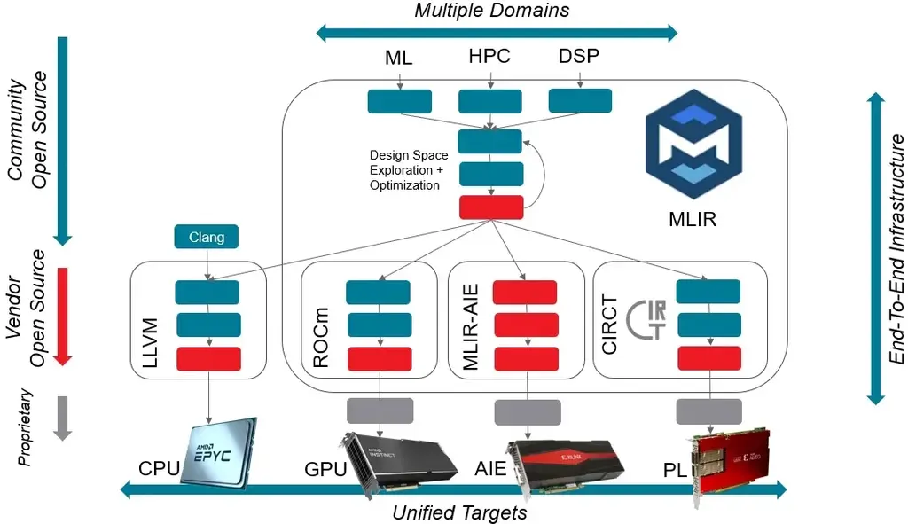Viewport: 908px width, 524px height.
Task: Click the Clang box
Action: (206, 237)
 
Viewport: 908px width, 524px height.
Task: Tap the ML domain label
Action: (399, 59)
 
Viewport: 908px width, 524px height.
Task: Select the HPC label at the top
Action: (489, 57)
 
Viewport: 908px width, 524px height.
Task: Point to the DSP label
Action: (579, 57)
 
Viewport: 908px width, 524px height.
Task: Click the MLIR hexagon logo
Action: (684, 148)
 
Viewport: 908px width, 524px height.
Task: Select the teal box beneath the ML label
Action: (399, 101)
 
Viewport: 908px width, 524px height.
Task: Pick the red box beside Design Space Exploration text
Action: (490, 207)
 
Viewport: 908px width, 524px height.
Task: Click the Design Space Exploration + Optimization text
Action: (408, 170)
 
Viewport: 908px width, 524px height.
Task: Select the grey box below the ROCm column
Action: (380, 411)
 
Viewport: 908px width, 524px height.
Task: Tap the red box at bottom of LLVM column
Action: (208, 359)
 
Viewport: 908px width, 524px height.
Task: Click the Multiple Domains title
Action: (492, 11)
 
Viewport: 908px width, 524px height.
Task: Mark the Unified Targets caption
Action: (459, 512)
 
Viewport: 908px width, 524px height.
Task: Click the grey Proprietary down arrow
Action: (62, 417)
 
